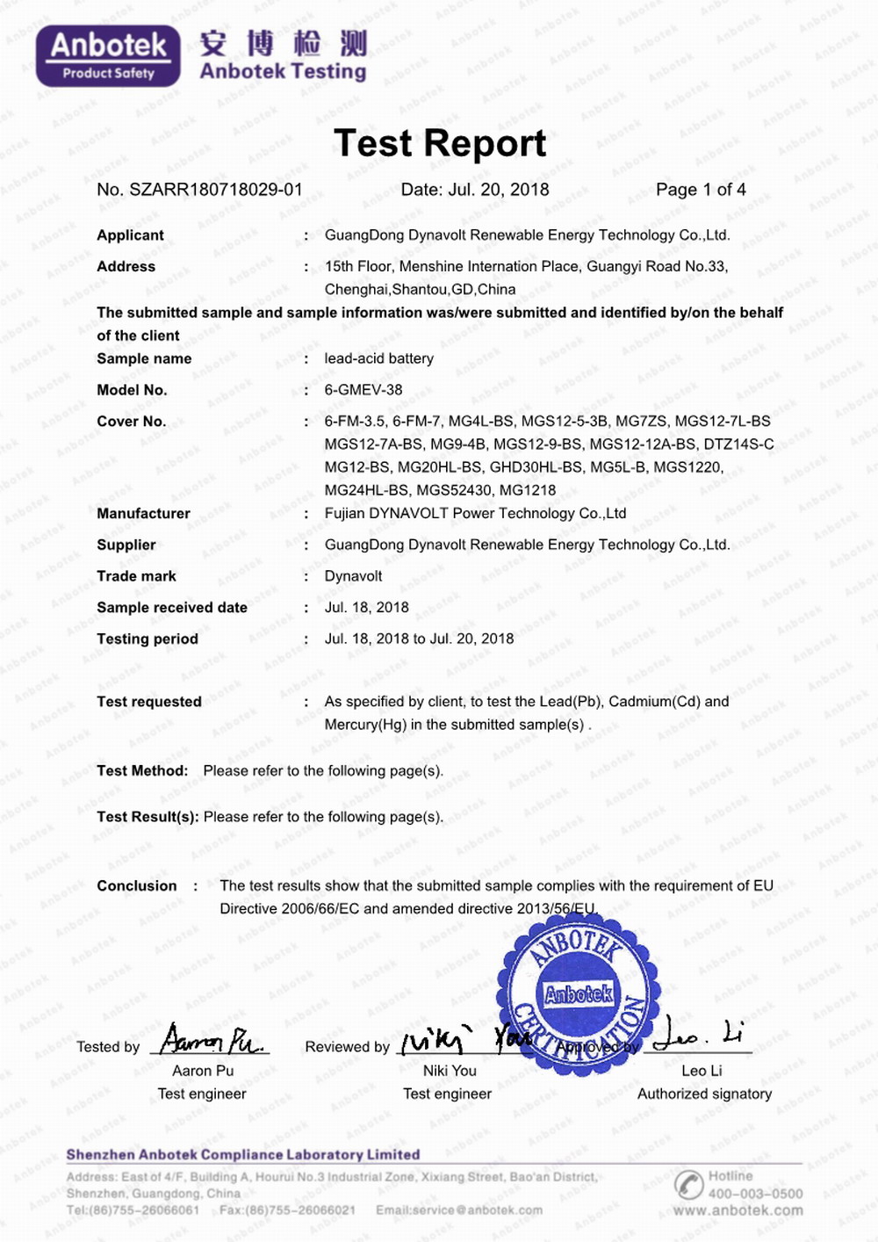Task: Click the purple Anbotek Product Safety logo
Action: pyautogui.click(x=108, y=56)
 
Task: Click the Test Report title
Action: pyautogui.click(x=440, y=143)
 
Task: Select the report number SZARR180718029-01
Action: pyautogui.click(x=215, y=190)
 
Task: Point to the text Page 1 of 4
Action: pyautogui.click(x=701, y=190)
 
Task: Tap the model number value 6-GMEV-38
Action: pyautogui.click(x=363, y=390)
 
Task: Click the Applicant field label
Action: pyautogui.click(x=130, y=235)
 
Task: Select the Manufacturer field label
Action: pyautogui.click(x=143, y=514)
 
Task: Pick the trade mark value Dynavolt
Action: pyautogui.click(x=353, y=576)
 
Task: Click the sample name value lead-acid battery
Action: pyautogui.click(x=378, y=358)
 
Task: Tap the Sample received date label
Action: pyautogui.click(x=172, y=608)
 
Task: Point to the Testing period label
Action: pyautogui.click(x=148, y=639)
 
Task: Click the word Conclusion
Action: pyautogui.click(x=137, y=886)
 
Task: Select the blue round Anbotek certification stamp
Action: pyautogui.click(x=579, y=993)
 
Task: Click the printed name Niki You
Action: pyautogui.click(x=450, y=1071)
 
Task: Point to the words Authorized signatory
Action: pyautogui.click(x=704, y=1094)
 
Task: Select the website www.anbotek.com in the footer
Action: pyautogui.click(x=738, y=1210)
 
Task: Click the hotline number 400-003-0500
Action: pyautogui.click(x=755, y=1194)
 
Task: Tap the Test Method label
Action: pyautogui.click(x=142, y=771)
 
